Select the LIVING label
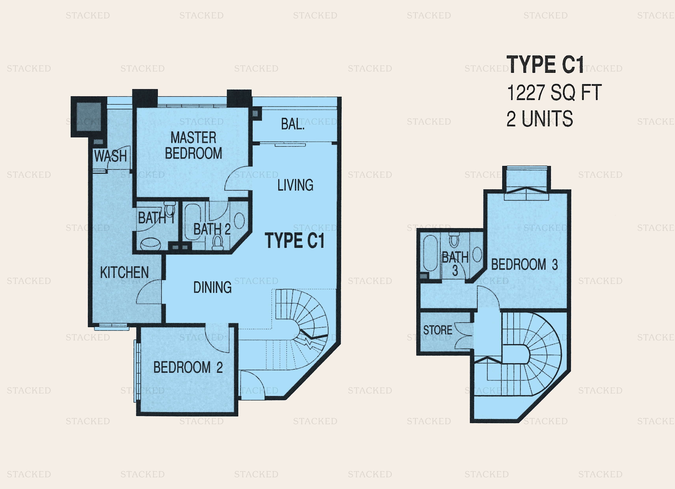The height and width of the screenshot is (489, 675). tap(295, 185)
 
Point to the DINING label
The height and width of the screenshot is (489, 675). tap(212, 287)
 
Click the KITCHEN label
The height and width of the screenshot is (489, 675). tap(124, 272)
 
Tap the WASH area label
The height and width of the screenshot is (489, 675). tap(110, 156)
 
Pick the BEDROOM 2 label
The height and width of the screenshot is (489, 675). tap(188, 367)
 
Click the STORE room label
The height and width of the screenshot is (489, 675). tap(438, 330)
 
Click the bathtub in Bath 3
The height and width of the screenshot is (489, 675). tap(430, 253)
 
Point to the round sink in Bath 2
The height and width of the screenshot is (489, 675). tap(240, 221)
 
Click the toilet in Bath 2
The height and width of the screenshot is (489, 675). tap(218, 242)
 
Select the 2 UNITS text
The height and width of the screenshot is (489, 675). tap(540, 118)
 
